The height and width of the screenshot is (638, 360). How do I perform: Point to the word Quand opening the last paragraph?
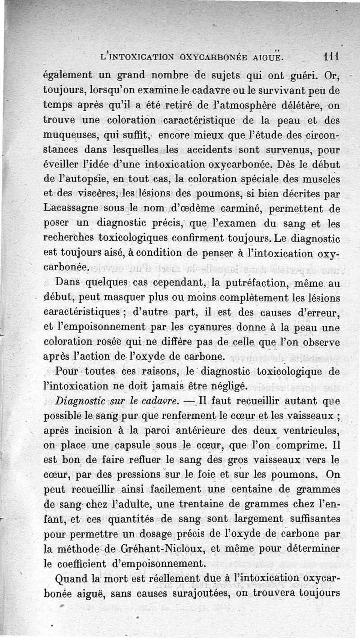coord(73,579)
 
